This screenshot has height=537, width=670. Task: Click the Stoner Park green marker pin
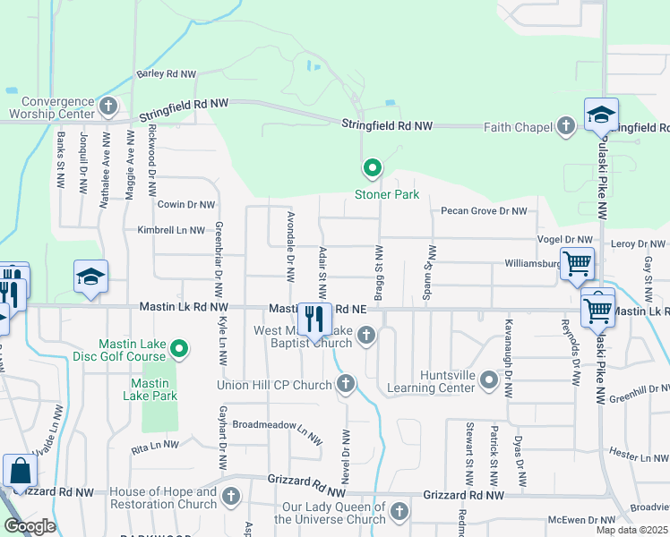point(372,167)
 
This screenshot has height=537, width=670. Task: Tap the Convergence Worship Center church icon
point(108,107)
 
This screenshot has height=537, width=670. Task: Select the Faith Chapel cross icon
point(566,127)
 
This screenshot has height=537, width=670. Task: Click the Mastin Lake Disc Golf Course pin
point(179,347)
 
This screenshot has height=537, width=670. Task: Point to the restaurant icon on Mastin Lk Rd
point(314,319)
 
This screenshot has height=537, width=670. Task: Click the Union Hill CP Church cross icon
point(347,385)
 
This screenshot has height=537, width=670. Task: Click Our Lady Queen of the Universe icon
point(399,512)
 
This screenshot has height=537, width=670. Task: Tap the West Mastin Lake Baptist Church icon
point(365,336)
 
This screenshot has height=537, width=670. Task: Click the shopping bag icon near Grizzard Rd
point(19,471)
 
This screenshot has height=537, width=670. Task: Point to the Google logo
point(29,526)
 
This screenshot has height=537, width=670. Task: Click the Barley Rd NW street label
point(167,73)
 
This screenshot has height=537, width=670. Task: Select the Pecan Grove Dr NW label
point(483,211)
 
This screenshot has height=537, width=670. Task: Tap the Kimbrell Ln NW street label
point(171,230)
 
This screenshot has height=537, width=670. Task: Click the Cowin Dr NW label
point(186,204)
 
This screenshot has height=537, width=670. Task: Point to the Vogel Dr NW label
point(564,240)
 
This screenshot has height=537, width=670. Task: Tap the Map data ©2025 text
point(631,530)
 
